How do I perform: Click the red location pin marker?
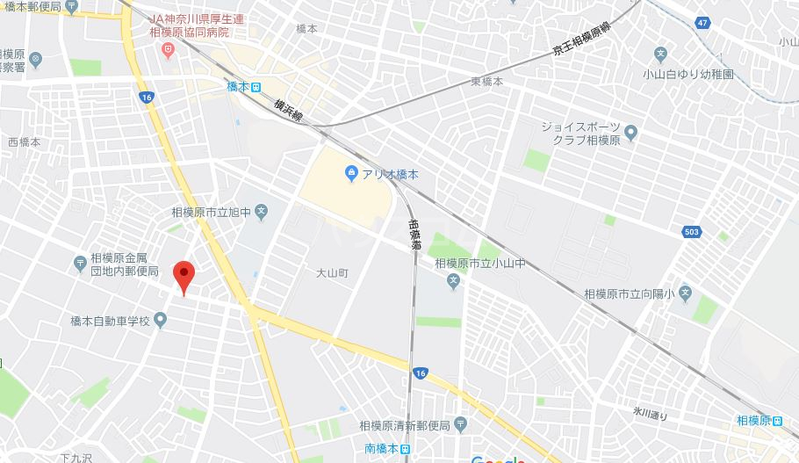coord(183,276)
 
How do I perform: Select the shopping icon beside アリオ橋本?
coord(351,174)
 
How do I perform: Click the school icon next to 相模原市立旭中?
coord(261,211)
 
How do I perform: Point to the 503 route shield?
coord(692,231)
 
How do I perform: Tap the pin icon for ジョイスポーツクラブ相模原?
coord(630,134)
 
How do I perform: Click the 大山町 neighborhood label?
coord(332,273)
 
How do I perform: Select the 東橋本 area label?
coord(486,82)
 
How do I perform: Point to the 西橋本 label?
coord(25,142)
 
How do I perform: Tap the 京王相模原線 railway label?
coord(580,40)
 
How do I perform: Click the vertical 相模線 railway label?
coord(414,236)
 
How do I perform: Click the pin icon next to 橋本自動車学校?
coord(161,322)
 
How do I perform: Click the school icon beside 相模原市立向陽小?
coord(684,292)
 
